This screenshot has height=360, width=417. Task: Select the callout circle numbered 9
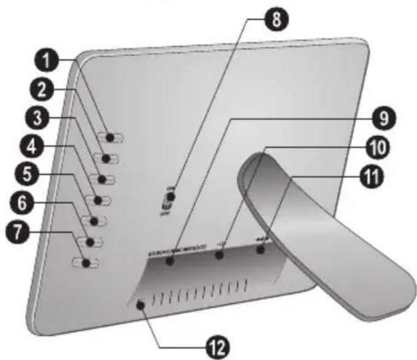coord(381,119)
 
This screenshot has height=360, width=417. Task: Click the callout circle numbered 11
coord(381,177)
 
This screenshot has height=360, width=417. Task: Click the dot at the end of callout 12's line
coord(141,305)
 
